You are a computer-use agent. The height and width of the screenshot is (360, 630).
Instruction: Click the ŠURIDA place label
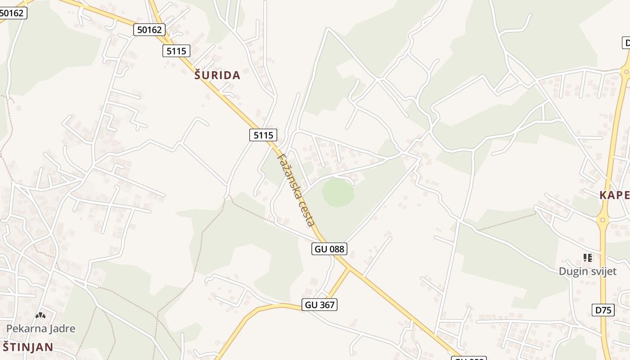pos(217,76)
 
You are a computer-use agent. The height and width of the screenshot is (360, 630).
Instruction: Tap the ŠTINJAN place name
pos(28,347)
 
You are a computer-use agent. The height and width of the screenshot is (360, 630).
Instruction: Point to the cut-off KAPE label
pos(614,195)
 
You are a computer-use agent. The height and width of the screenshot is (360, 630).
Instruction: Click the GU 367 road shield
pos(319,305)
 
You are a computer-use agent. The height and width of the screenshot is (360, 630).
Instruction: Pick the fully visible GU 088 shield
pos(329,249)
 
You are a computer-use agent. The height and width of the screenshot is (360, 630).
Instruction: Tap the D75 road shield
pos(603,310)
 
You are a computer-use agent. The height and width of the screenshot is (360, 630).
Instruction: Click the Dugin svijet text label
pos(587,271)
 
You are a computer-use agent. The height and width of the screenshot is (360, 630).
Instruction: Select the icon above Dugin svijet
pos(587,258)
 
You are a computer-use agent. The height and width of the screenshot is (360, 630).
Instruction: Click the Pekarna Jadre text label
pos(40,328)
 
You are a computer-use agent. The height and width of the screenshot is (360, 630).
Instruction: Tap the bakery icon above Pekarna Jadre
pos(40,315)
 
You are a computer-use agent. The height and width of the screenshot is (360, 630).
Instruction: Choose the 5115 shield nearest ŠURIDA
pos(176,51)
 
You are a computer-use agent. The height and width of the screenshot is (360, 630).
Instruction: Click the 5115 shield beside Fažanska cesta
pos(263,135)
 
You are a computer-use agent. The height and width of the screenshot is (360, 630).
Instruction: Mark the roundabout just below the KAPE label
pos(603,220)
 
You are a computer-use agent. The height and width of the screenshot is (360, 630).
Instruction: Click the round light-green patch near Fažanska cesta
pos(338,193)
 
